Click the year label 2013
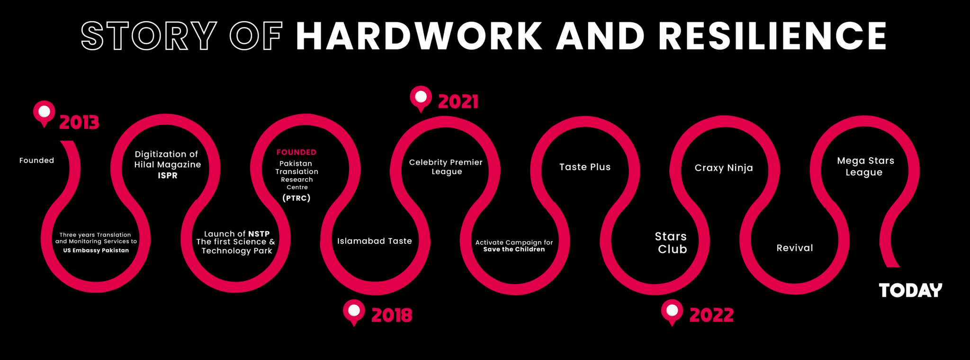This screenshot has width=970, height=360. (79, 123)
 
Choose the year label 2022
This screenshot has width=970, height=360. (711, 315)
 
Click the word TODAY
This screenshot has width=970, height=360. (910, 290)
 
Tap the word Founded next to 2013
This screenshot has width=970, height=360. (36, 161)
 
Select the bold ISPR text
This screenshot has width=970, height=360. (168, 176)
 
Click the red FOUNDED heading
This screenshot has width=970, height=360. (296, 152)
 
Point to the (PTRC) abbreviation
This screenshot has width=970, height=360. (296, 198)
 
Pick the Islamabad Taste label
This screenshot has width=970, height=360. (375, 241)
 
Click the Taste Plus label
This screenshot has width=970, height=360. (585, 167)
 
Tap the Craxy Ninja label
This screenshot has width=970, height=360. (724, 168)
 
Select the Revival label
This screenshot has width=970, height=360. (795, 248)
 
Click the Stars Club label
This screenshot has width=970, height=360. (671, 243)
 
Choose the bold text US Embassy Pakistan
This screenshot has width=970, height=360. (96, 250)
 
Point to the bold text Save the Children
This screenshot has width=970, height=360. (514, 249)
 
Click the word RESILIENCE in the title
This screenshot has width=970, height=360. (772, 36)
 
